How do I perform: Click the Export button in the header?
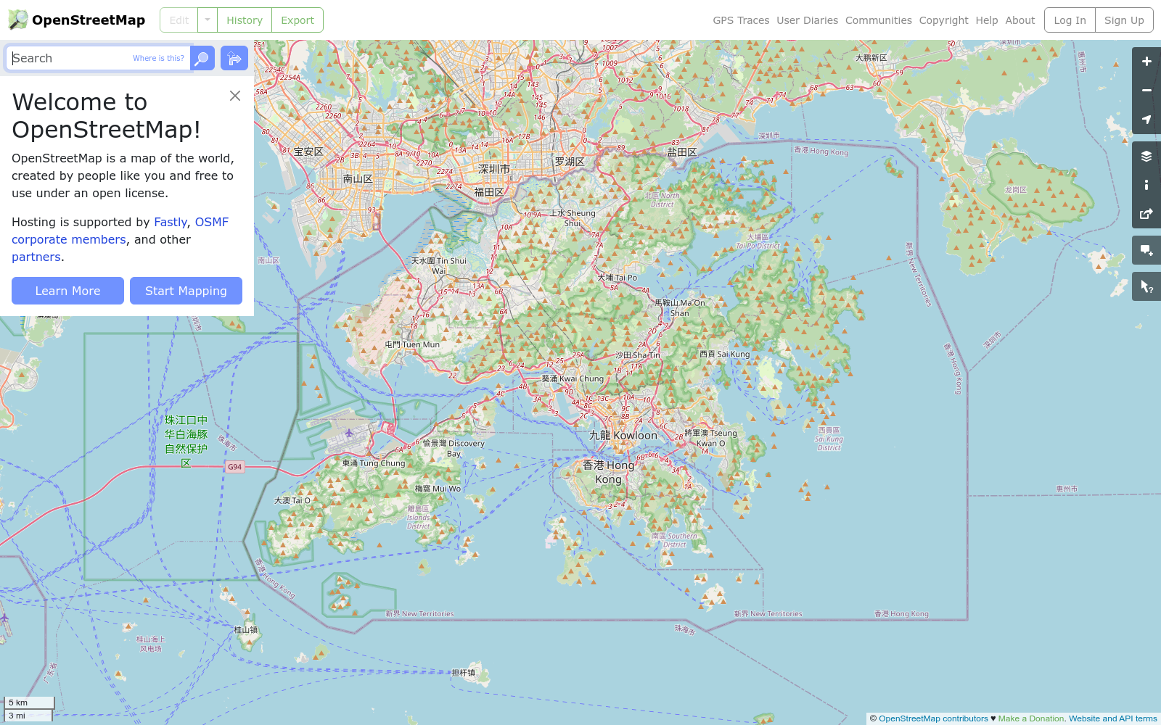point(298,20)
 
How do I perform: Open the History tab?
point(245,20)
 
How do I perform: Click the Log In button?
point(1070,20)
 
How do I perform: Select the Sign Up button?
point(1124,20)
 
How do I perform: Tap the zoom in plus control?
point(1146,62)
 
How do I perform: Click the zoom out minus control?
point(1146,91)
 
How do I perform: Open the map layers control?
point(1146,156)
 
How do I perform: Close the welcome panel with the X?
point(235,96)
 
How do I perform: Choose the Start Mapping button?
point(186,291)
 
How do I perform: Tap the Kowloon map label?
point(623,435)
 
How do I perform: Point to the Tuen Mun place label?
point(412,344)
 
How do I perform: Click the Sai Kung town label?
point(725,354)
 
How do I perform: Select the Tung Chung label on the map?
point(374,463)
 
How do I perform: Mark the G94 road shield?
point(234,467)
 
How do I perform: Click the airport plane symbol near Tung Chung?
point(349,434)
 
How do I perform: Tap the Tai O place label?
point(292,500)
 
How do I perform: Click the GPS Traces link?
point(741,20)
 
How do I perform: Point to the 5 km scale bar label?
point(18,703)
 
